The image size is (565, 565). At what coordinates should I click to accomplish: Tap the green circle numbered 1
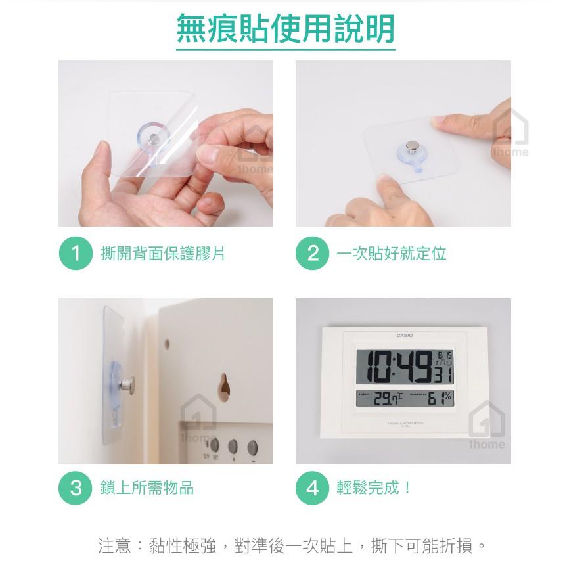click(x=76, y=254)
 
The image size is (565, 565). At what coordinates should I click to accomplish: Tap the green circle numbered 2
click(x=313, y=254)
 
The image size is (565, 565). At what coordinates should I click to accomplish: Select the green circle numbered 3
click(x=76, y=488)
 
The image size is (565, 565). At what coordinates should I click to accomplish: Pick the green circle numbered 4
click(x=313, y=488)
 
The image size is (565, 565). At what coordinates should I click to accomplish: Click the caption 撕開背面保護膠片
click(x=162, y=254)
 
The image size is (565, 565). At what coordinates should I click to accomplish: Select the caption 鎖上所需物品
click(x=147, y=488)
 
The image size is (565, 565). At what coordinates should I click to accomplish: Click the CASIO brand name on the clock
click(x=405, y=336)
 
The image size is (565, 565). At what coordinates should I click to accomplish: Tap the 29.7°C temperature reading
click(x=388, y=398)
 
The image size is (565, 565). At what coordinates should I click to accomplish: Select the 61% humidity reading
click(x=440, y=397)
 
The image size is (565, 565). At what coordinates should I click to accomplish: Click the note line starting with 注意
click(x=292, y=545)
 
